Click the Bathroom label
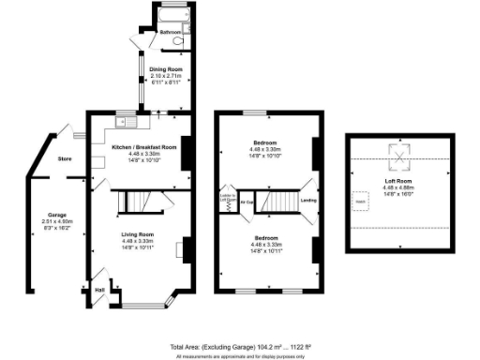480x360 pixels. [170, 33]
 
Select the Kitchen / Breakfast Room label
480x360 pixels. [144, 148]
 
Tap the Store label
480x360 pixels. [65, 159]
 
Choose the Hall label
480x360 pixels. [99, 290]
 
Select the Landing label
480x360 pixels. [307, 200]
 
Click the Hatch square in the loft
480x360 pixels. [360, 200]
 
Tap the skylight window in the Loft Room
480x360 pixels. [400, 146]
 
